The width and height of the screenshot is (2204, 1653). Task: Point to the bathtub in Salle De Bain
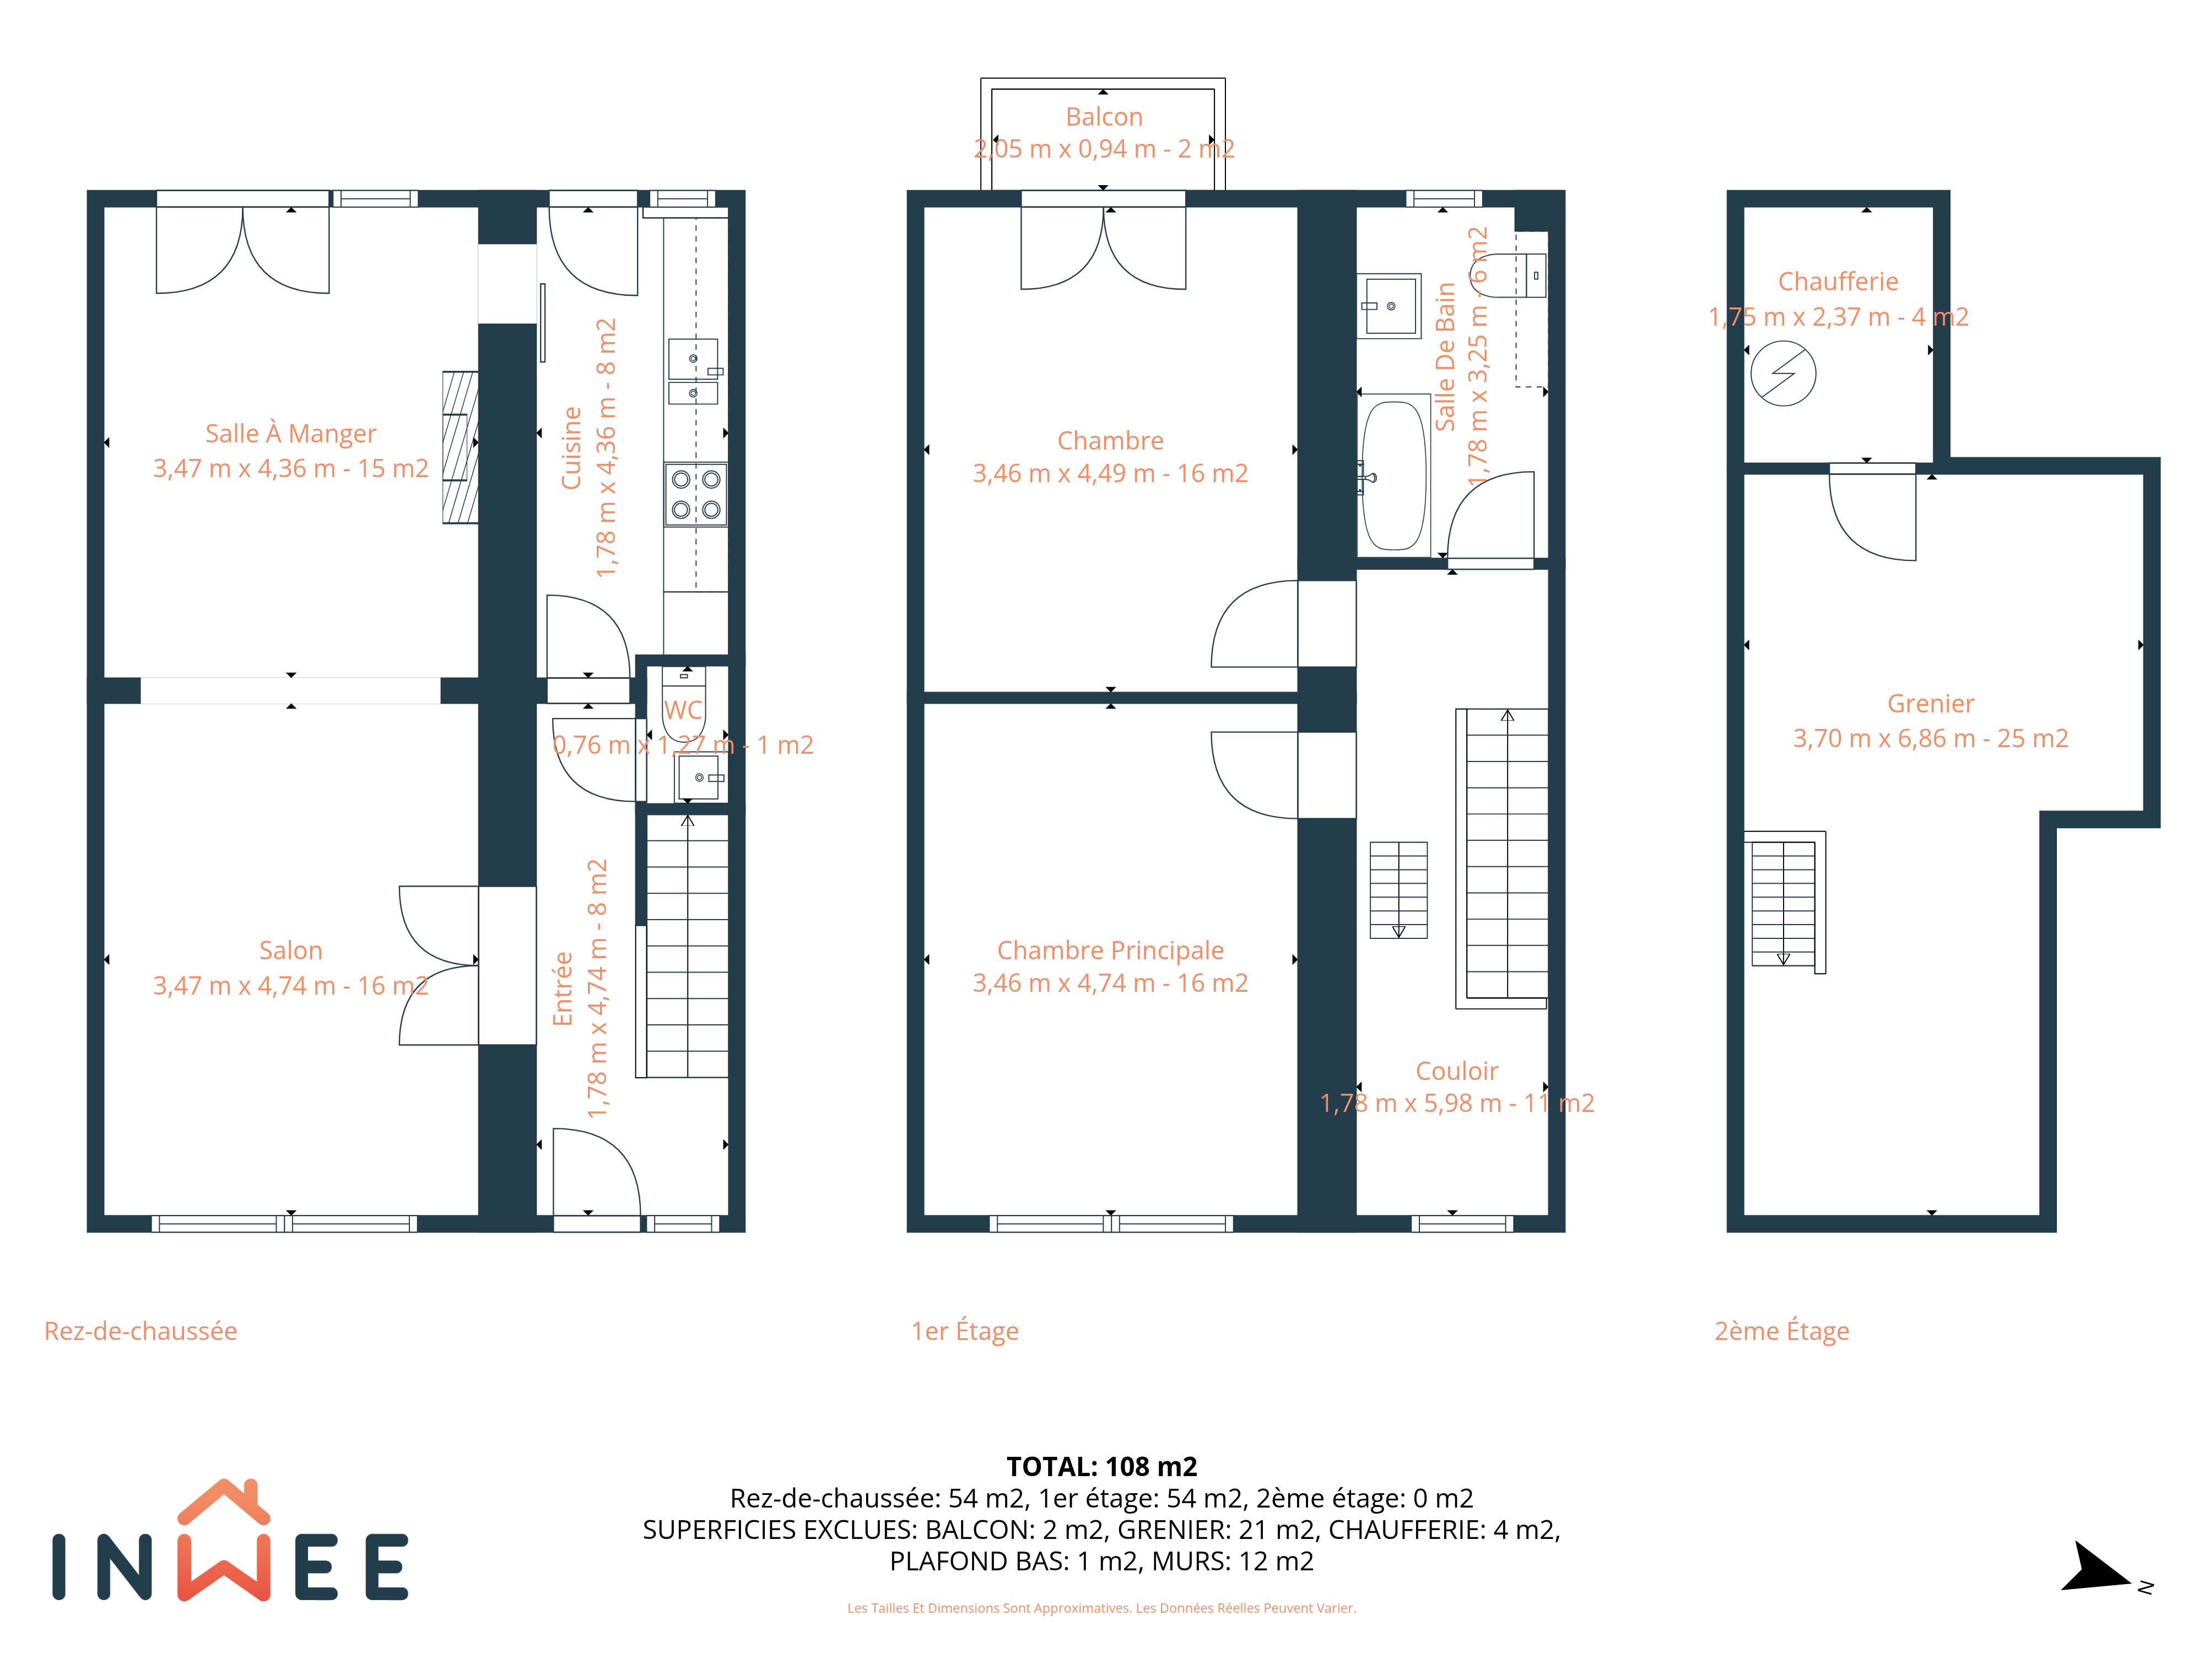[x=1395, y=476]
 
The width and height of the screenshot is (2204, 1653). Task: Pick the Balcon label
[x=1104, y=117]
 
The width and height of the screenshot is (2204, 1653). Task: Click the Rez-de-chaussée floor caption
[x=141, y=1331]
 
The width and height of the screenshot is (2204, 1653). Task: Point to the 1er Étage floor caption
[x=964, y=1331]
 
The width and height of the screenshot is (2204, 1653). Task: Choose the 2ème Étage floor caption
[x=1781, y=1331]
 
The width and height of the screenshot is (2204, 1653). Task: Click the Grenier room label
[x=1930, y=704]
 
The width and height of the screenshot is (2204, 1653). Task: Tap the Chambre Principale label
[x=1110, y=950]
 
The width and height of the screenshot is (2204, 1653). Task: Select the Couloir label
[x=1457, y=1071]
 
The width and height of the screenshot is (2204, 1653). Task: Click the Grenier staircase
[x=1784, y=903]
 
